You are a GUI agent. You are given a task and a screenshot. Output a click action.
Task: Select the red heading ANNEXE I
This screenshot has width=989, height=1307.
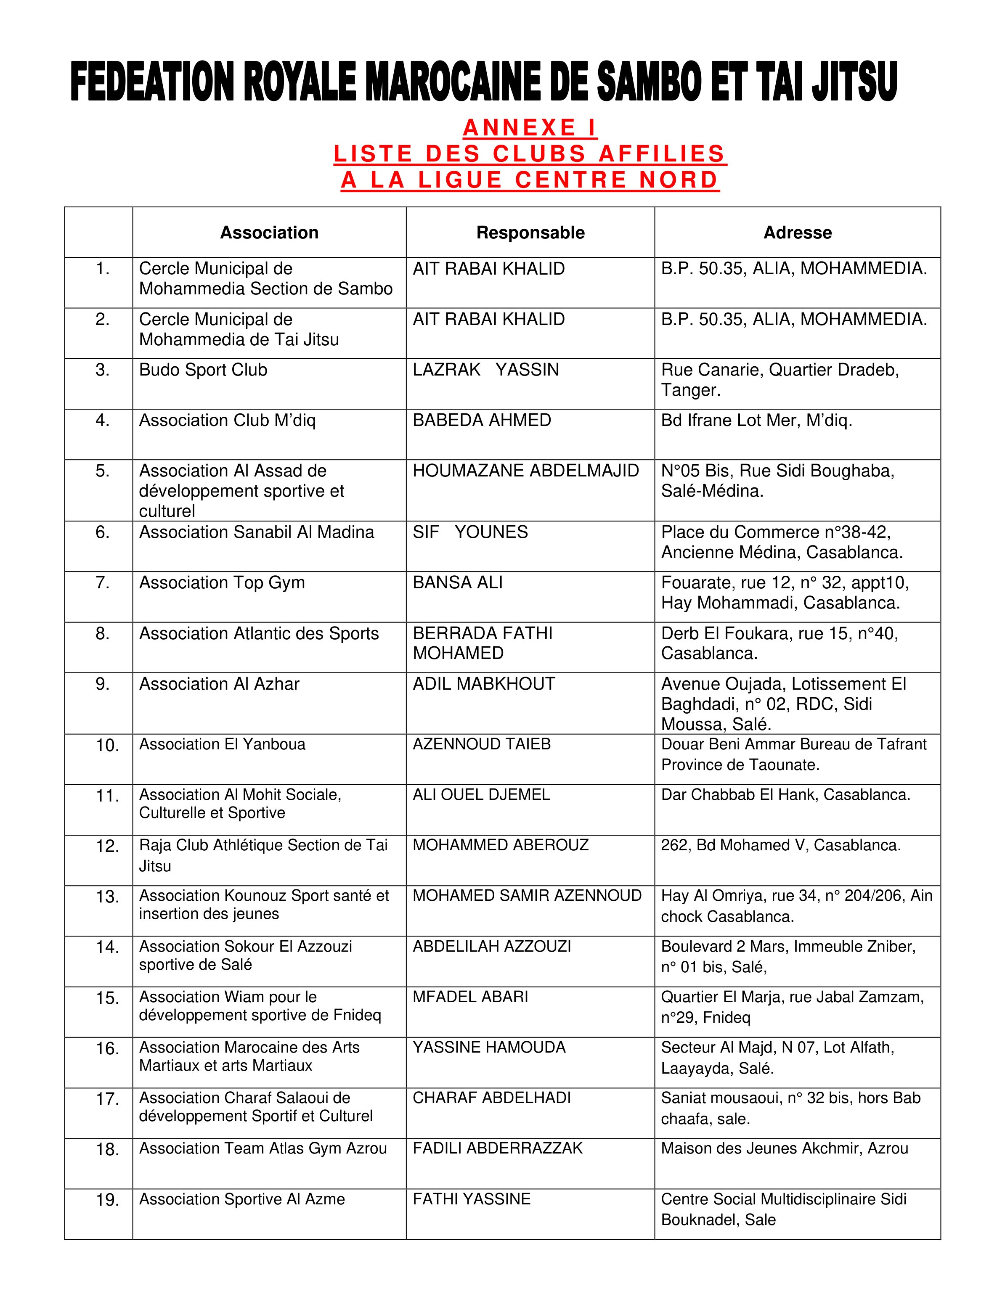coord(530,127)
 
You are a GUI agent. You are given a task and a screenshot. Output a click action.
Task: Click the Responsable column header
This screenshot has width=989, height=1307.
coord(530,233)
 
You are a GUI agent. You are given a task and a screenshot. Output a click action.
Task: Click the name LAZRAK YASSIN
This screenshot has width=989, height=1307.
coord(485,370)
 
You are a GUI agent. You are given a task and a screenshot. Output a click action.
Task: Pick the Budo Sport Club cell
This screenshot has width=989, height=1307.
coord(203,370)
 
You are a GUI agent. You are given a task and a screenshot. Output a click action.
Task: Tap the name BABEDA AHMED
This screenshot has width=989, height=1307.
coord(482,420)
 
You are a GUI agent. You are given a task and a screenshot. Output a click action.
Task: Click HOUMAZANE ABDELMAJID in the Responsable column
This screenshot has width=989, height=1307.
coord(525,471)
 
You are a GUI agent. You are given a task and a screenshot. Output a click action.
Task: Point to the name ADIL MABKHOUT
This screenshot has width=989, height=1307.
coord(484,684)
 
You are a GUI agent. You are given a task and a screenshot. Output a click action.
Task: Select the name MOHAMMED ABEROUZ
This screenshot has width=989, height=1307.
coord(500,845)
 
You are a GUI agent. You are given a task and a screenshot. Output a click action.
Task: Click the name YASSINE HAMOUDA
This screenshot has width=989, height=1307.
coord(489,1048)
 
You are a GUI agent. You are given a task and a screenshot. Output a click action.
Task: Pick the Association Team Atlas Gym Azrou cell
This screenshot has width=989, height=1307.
coord(263,1148)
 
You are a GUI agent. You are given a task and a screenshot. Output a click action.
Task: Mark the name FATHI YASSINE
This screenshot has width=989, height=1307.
coord(471,1199)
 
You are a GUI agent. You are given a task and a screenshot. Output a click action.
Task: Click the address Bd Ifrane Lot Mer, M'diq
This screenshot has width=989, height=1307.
coord(757,420)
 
